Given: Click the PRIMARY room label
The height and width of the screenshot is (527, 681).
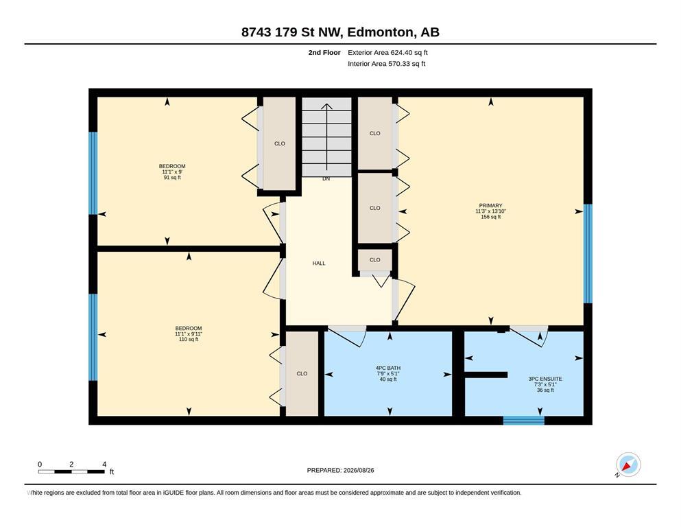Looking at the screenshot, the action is click(x=490, y=205).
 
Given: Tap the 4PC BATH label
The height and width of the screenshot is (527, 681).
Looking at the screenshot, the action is click(x=388, y=368).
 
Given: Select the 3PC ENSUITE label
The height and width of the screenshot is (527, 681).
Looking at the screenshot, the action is click(x=545, y=379).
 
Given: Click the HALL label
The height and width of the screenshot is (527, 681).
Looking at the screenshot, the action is click(x=319, y=263).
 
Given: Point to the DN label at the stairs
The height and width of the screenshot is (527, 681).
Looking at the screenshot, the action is click(x=326, y=178).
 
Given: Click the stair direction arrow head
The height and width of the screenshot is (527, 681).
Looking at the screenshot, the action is click(x=326, y=106).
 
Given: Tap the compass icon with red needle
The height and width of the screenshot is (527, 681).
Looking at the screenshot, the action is click(x=628, y=465).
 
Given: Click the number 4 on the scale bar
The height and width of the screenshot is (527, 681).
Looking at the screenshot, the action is click(x=104, y=464).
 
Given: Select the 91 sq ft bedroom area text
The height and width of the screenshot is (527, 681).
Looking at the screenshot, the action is click(x=172, y=177).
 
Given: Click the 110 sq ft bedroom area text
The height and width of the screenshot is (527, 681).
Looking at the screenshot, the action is click(x=189, y=339).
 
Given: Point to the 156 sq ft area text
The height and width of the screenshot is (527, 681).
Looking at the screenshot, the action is click(x=490, y=217).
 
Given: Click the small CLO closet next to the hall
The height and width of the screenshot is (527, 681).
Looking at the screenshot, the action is click(x=375, y=260).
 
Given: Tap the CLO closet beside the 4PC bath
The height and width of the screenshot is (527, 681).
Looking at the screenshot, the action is click(x=302, y=374).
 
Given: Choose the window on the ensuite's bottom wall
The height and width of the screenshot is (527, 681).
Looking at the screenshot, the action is click(x=524, y=420).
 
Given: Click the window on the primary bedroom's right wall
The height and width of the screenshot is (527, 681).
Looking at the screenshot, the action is click(x=588, y=253).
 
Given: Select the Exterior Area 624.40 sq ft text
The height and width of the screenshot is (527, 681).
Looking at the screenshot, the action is click(x=387, y=53).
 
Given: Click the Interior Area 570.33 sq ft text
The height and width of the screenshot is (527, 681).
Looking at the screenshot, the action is click(x=387, y=64).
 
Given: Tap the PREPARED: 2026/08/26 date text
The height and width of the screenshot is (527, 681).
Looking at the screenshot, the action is click(x=340, y=470).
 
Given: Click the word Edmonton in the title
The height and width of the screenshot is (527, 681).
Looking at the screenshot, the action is click(x=380, y=32).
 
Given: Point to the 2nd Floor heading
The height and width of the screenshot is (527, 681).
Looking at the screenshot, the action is click(x=324, y=53).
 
